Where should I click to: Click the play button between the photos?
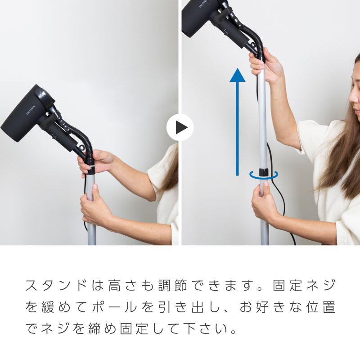[180, 128]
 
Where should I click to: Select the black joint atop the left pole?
[90, 169]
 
